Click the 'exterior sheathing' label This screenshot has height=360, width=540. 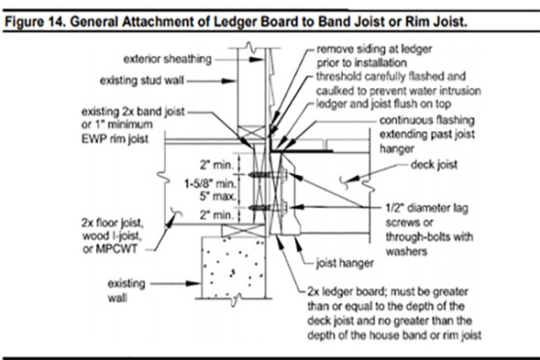tap(168, 59)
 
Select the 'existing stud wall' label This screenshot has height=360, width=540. tap(142, 80)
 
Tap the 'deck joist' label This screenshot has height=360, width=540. tap(434, 165)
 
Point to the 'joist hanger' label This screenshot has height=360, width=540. tap(345, 263)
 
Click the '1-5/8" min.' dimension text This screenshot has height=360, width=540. tap(211, 183)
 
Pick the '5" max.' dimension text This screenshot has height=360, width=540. tap(218, 196)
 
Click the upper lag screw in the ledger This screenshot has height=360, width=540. tap(268, 175)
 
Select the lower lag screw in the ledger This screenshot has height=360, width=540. tap(268, 208)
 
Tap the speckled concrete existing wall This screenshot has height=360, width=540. tap(233, 267)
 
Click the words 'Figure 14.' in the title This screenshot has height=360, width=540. tap(35, 22)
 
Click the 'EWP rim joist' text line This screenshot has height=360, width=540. tap(115, 138)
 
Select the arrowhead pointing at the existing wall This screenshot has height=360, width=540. tap(193, 283)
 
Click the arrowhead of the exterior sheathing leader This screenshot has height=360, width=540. tap(256, 60)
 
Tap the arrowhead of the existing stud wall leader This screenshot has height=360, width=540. tap(228, 81)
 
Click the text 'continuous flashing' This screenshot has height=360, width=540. tap(427, 120)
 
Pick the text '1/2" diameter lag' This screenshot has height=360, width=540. tap(426, 208)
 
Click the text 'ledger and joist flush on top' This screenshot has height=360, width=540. tap(383, 104)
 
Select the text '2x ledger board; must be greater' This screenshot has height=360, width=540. tap(387, 291)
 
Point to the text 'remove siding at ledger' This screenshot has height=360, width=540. tap(374, 49)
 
